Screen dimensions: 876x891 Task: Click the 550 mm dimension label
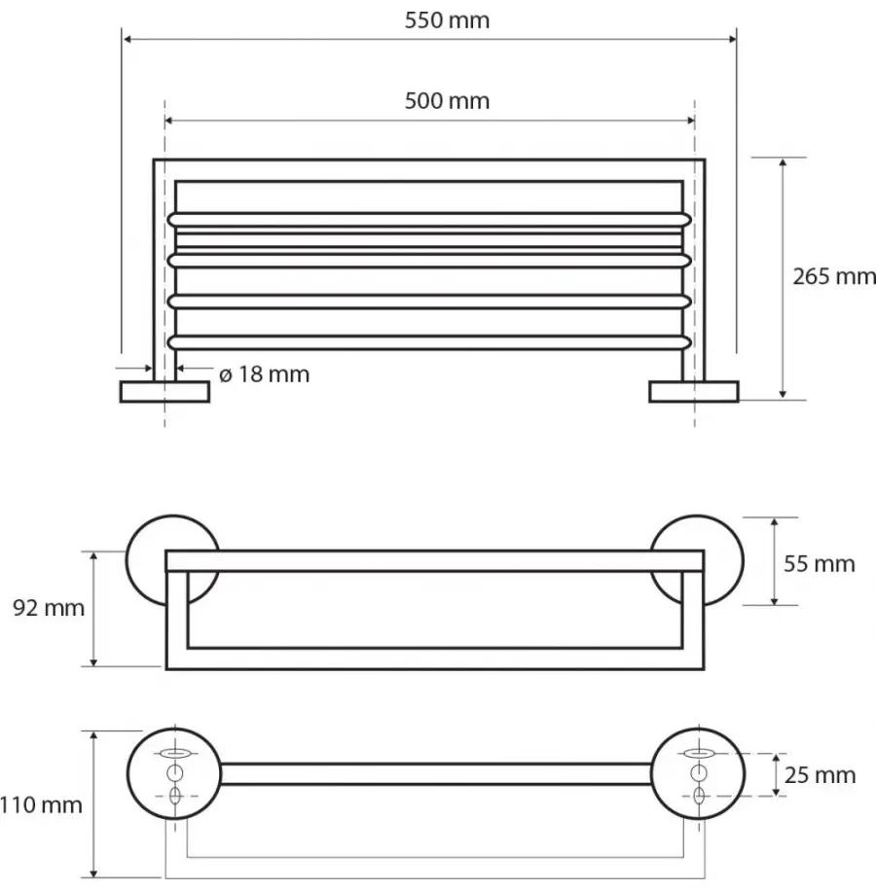pos(447,20)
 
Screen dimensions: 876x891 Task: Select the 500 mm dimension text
pos(447,101)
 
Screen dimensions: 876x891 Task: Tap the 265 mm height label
pos(834,276)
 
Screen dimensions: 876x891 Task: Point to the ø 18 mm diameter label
pos(265,374)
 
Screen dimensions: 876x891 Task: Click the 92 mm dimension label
pos(49,608)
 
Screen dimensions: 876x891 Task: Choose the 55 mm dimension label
pos(820,564)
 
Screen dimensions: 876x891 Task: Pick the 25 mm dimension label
pos(820,775)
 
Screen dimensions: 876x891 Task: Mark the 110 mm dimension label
pos(41,805)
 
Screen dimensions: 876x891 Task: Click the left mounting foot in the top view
pos(164,392)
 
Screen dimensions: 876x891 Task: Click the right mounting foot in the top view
pos(694,392)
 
